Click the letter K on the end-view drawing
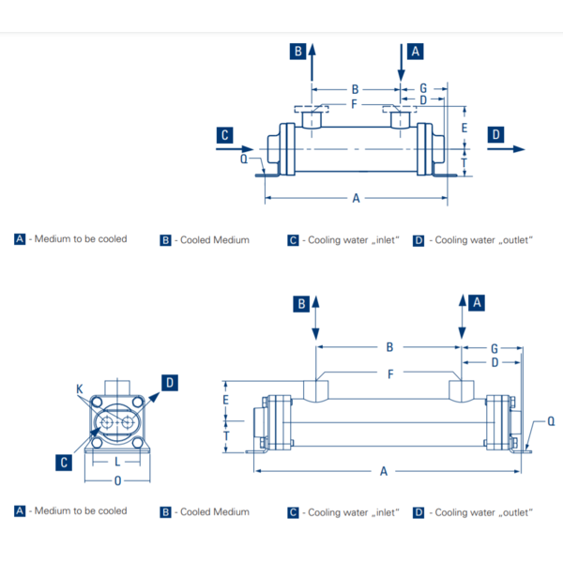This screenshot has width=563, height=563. (x=79, y=388)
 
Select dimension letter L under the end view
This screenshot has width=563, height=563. (x=116, y=463)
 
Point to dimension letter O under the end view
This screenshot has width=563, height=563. (x=116, y=480)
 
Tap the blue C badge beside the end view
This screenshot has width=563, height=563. (x=63, y=462)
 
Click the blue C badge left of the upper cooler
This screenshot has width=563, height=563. (x=225, y=135)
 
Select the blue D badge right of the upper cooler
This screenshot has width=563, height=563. (x=495, y=135)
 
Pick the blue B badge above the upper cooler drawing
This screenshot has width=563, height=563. (x=297, y=52)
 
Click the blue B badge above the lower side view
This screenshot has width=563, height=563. (x=302, y=303)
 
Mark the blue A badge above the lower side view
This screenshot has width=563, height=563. (x=477, y=303)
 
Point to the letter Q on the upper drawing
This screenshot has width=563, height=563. (x=244, y=159)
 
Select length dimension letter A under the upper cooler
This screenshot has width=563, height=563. (x=356, y=198)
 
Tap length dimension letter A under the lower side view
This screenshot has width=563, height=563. (x=384, y=471)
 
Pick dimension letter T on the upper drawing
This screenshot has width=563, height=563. (x=464, y=162)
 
